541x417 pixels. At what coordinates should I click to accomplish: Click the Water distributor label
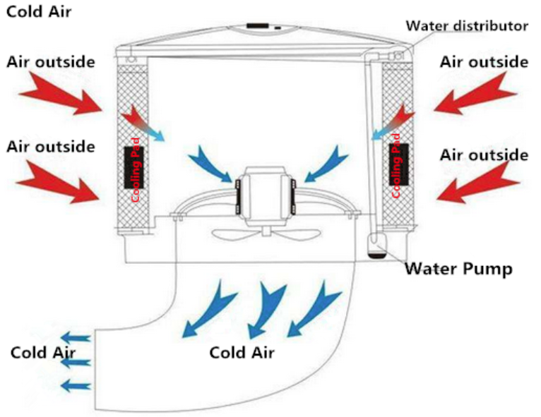[467, 26]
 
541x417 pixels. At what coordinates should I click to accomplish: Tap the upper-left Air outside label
[50, 61]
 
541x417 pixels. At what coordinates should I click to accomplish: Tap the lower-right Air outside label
[484, 155]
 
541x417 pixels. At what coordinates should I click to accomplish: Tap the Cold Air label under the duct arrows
[242, 351]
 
